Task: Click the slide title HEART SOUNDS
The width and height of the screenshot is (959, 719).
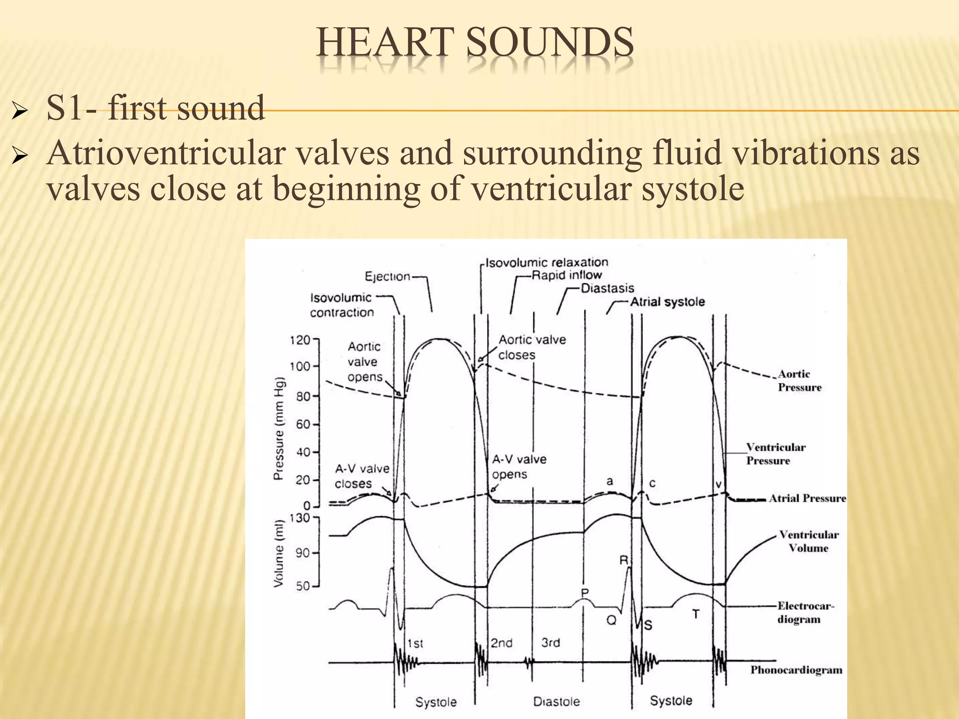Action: click(475, 43)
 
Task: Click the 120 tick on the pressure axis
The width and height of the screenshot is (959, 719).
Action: click(301, 339)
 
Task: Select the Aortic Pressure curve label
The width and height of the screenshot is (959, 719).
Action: click(799, 381)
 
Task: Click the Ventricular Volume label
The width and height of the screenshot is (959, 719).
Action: click(808, 542)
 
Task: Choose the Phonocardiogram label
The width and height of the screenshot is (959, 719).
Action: click(796, 670)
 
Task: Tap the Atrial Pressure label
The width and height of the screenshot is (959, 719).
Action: click(807, 499)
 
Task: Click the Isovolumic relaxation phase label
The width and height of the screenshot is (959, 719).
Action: click(546, 263)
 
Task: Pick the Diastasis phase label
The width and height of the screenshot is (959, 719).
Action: click(607, 288)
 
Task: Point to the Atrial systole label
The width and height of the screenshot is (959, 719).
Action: click(667, 302)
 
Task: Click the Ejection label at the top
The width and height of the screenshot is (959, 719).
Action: click(387, 277)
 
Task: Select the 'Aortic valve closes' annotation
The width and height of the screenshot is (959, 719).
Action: click(532, 347)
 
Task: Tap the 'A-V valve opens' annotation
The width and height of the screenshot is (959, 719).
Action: click(519, 467)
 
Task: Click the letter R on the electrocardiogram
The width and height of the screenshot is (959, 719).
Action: click(623, 560)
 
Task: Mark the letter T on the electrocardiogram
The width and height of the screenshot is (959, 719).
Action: click(696, 614)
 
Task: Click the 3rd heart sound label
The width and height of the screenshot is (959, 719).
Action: click(551, 643)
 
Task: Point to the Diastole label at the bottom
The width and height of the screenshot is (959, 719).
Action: click(556, 702)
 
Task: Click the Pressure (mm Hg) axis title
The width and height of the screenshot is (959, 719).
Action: click(279, 428)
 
